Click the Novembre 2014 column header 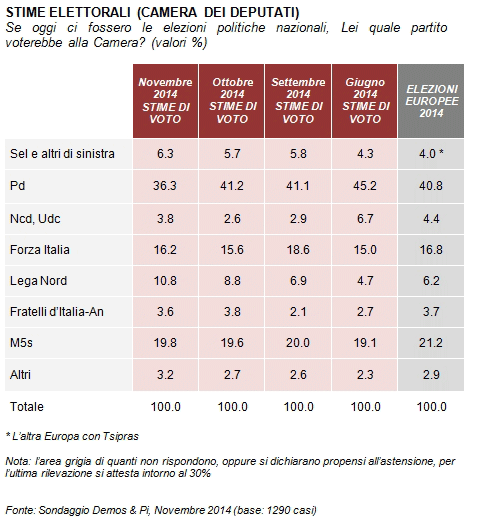(165, 101)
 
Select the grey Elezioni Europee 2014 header (431, 101)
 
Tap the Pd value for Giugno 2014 (365, 186)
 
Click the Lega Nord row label (38, 281)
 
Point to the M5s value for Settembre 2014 (298, 343)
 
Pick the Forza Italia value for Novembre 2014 (165, 250)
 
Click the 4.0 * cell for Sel (431, 154)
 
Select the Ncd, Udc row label (35, 219)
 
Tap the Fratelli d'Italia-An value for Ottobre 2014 (232, 312)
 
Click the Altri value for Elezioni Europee (431, 375)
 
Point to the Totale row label (27, 407)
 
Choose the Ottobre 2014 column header (232, 101)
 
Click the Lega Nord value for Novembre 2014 (165, 281)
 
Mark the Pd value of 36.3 (165, 186)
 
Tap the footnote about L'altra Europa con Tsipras (72, 436)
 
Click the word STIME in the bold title (26, 12)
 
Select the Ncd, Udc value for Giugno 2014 (365, 219)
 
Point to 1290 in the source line (280, 510)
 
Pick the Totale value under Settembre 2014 (298, 407)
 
